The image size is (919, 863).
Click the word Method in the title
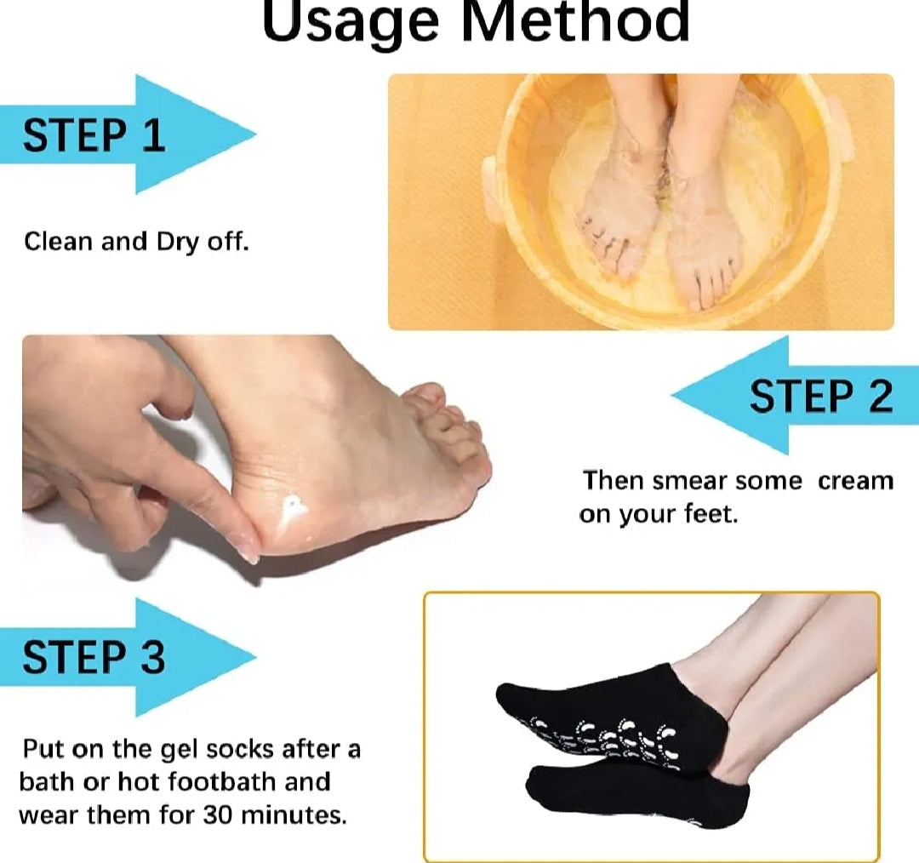pyautogui.click(x=574, y=22)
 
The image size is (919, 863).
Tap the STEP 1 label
pyautogui.click(x=94, y=135)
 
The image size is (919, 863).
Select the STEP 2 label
pyautogui.click(x=820, y=397)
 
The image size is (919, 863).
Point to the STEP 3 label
pyautogui.click(x=94, y=657)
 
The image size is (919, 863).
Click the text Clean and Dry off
pyautogui.click(x=136, y=242)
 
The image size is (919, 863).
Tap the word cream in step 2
pyautogui.click(x=855, y=481)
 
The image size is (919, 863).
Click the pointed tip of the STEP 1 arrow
pyautogui.click(x=254, y=134)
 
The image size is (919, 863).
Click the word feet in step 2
pyautogui.click(x=710, y=515)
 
